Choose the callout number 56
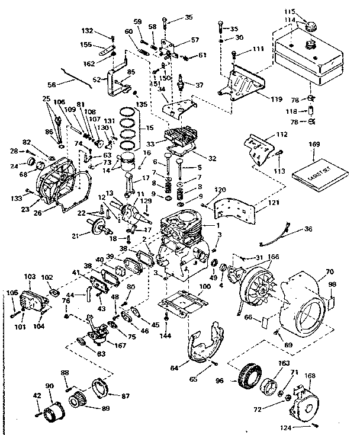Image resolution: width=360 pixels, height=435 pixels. click(52, 85)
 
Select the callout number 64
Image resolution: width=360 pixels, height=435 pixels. click(174, 368)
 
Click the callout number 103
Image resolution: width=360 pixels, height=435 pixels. click(30, 276)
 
